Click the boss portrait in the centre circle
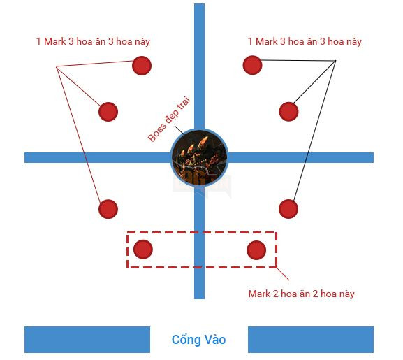pos(199,157)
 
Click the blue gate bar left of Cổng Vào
pos(87,340)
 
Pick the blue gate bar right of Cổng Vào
pos(311,340)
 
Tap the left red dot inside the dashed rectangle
pos(143,249)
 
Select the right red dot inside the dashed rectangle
pos(256,250)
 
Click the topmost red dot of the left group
pos(142,66)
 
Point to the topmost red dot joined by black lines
pos(252,65)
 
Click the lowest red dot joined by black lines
pos(288,209)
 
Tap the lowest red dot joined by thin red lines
pos(108,209)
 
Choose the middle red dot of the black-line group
pos(288,112)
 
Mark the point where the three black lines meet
pos(335,61)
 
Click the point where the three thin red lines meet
pos(57,67)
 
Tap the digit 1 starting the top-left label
pos(38,41)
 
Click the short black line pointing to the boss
pos(179,131)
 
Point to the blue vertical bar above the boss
pos(199,66)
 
